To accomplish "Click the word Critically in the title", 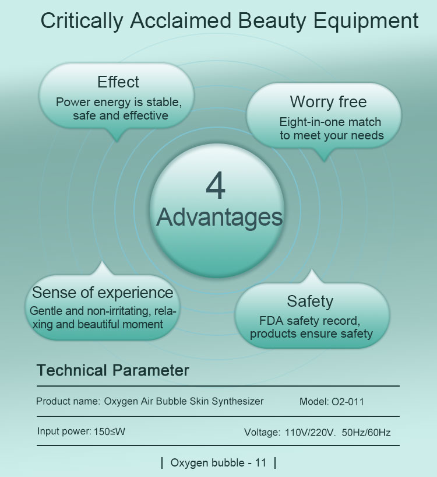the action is tap(82, 22).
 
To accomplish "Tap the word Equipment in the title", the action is tap(366, 22).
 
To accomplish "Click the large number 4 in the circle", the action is tap(216, 185).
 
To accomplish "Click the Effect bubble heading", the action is tap(118, 82).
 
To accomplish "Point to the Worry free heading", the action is tap(328, 101).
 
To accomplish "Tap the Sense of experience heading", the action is tap(103, 293).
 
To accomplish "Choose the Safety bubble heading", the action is tap(310, 301).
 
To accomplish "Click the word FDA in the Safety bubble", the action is tap(271, 321).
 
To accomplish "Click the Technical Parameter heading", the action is tap(112, 370).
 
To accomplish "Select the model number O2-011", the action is tap(348, 402).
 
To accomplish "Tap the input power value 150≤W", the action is tap(110, 432).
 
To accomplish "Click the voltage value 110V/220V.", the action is tap(309, 432).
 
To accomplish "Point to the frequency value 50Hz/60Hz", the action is tap(366, 432).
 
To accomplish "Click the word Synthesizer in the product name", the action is tap(238, 402).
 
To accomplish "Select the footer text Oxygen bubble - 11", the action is tap(218, 463).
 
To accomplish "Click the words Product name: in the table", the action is tap(68, 401).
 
